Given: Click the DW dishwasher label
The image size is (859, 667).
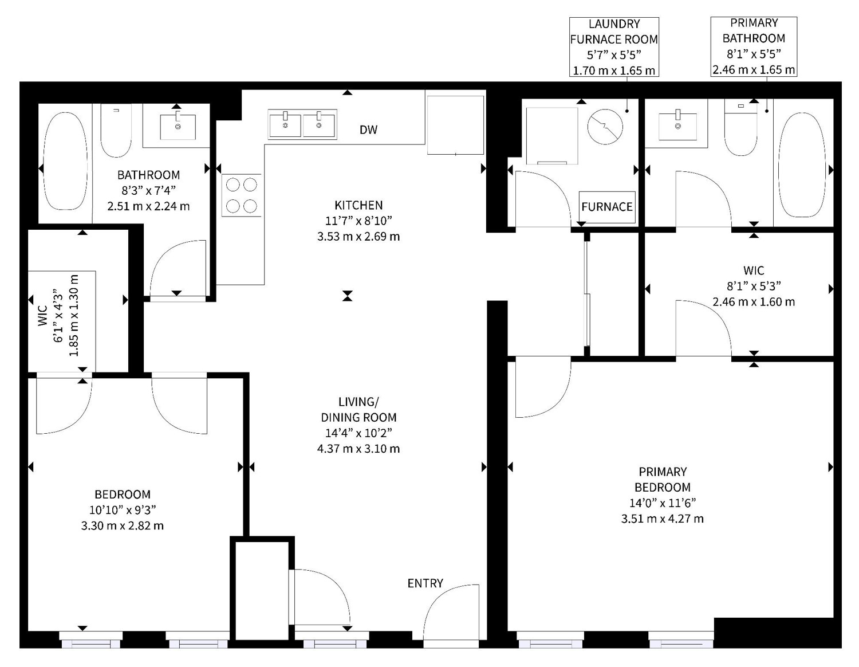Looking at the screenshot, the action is click(368, 130).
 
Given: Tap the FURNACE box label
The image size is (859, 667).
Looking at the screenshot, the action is click(607, 207).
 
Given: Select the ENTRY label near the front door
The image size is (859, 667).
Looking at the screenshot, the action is click(425, 583).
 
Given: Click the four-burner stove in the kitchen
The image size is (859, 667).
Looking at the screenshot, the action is click(242, 195).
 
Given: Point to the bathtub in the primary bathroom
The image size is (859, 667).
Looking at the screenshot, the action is click(802, 164).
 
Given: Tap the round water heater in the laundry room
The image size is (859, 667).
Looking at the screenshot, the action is click(605, 127).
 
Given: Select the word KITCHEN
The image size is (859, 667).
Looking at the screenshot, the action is click(358, 205).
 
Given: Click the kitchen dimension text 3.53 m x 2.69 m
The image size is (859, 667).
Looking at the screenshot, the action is click(358, 237).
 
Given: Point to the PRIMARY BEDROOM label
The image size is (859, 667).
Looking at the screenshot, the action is click(663, 479).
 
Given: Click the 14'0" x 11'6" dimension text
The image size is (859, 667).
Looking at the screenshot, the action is click(663, 503).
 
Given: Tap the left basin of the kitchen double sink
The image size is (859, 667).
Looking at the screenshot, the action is click(285, 124).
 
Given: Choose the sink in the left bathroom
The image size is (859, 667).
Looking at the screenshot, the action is click(178, 127).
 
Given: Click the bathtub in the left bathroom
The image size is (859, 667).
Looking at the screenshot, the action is click(65, 161).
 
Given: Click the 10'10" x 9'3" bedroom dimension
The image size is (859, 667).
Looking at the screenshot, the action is click(123, 510).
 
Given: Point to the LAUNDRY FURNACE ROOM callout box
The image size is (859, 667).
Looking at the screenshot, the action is click(614, 47).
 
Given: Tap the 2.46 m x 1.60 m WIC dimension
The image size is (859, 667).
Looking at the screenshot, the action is click(754, 302).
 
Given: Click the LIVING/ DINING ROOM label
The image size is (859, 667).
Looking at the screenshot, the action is click(358, 410).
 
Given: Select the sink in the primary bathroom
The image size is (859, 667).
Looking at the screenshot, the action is click(678, 126).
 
